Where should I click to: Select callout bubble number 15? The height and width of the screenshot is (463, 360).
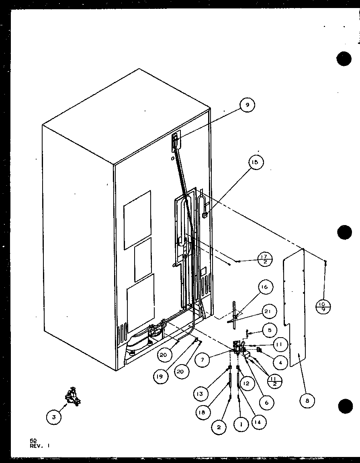tap(256, 162)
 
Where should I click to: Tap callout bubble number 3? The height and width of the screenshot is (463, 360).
tap(54, 417)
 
